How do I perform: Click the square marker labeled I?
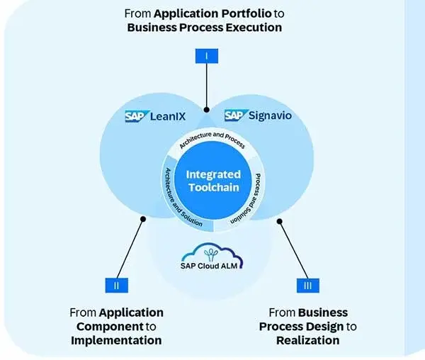click(206, 56)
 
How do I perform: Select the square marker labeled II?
click(116, 285)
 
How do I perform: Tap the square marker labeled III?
click(305, 285)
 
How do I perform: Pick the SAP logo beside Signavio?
click(234, 115)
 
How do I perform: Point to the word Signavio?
click(271, 115)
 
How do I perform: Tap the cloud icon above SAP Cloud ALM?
click(211, 252)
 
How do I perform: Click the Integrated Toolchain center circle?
click(212, 181)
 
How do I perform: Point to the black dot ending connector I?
click(206, 111)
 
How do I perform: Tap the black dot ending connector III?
click(279, 220)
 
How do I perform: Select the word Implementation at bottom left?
click(116, 340)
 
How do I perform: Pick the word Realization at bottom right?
click(307, 340)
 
